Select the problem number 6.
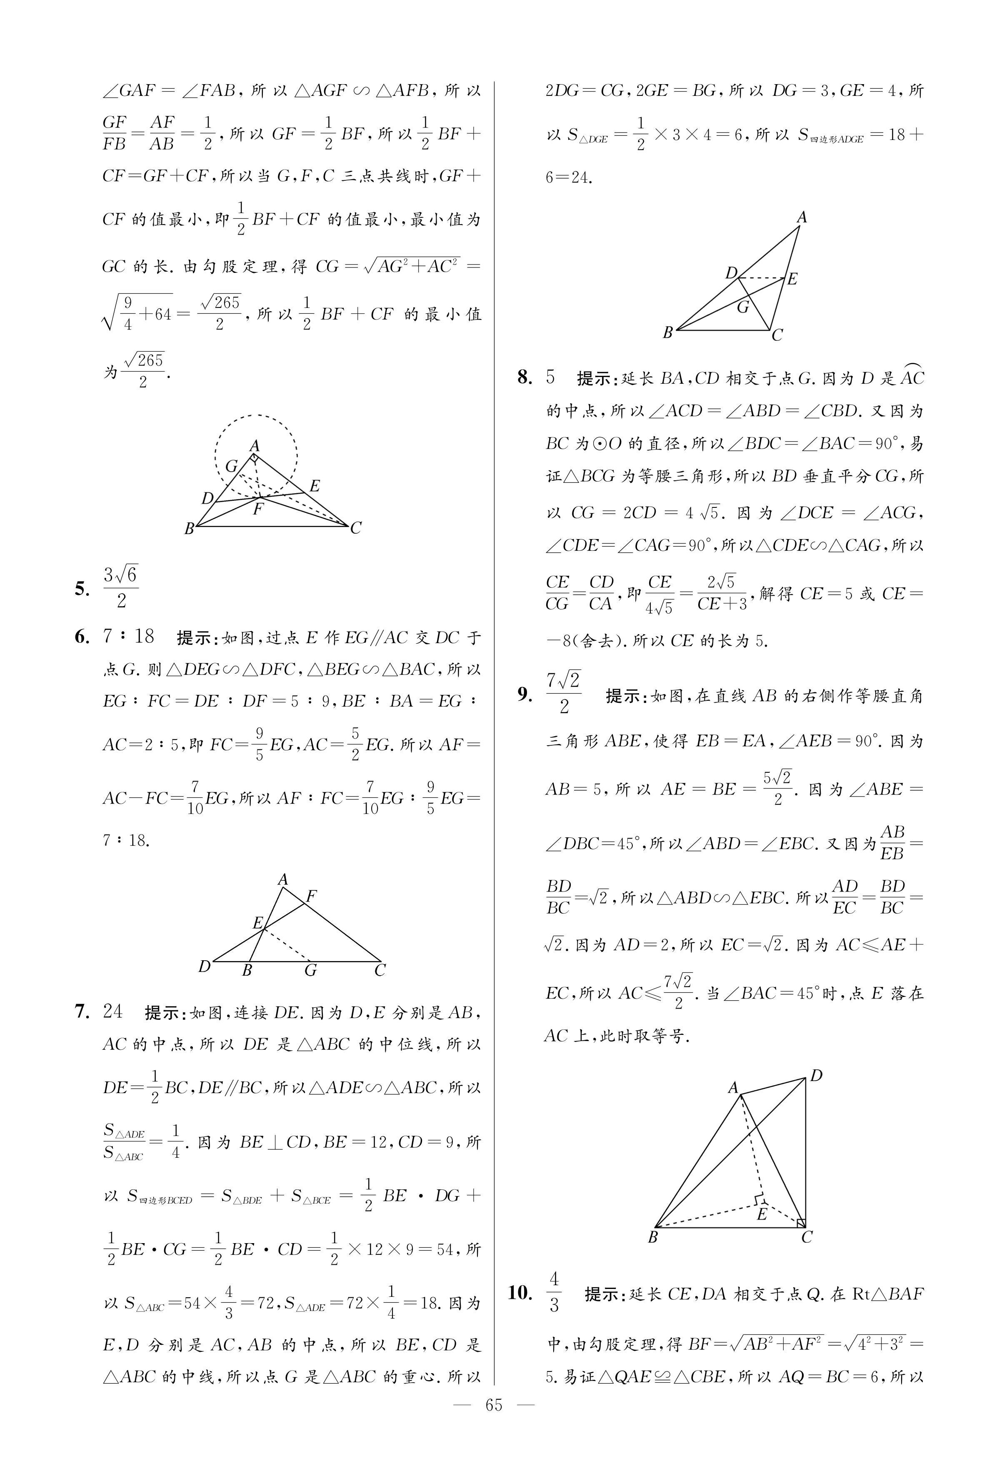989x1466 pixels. tap(82, 637)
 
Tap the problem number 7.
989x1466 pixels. tap(82, 1011)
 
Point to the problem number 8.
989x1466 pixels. tap(525, 378)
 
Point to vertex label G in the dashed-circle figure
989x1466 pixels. tap(232, 466)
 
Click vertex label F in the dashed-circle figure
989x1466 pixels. tap(257, 508)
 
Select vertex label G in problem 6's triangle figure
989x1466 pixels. tap(310, 970)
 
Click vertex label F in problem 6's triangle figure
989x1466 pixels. tap(311, 895)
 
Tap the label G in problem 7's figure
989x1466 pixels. tap(744, 307)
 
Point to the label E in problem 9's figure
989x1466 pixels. tap(762, 1213)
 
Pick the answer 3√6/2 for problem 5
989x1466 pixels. tap(120, 588)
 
